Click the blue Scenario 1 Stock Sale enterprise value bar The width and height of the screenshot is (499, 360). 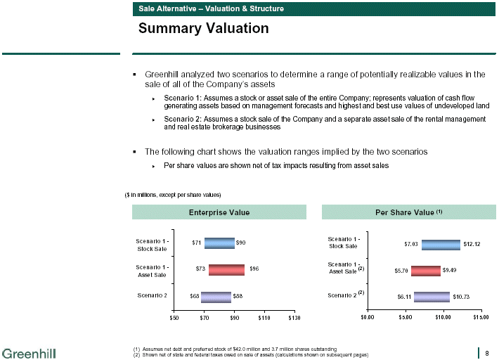point(219,243)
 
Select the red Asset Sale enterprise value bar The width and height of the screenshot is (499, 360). point(226,269)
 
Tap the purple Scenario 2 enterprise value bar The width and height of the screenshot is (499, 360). point(216,296)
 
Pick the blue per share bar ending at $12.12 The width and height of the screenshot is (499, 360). point(441,244)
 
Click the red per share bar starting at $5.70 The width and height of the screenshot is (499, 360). point(426,270)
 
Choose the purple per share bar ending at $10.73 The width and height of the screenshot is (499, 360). point(432,296)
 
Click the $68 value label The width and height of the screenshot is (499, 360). point(194,296)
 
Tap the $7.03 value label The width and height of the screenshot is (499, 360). point(411,244)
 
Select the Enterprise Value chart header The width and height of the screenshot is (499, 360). point(219,212)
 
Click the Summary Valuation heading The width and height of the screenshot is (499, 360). point(203,29)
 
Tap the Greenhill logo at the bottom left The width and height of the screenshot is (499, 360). point(29,352)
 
